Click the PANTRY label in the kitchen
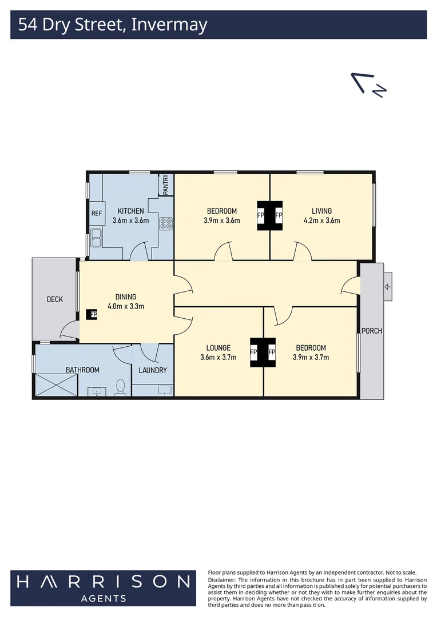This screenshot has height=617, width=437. point(166,185)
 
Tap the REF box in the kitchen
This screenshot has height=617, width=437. point(96,213)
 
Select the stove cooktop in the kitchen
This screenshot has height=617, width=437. point(166,223)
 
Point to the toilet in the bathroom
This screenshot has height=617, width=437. point(120,388)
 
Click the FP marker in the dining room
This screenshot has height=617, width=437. point(92,314)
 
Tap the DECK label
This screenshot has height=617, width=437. point(55,299)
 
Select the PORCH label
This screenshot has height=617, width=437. point(371,331)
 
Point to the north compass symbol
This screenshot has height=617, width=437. point(370,85)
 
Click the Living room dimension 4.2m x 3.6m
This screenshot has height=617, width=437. point(321,221)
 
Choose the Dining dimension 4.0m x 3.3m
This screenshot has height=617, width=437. point(126,306)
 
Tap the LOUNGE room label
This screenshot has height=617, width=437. point(218,347)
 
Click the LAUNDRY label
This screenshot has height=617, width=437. point(153,370)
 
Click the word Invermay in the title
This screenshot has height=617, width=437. point(169,25)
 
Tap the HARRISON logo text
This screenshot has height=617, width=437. point(103,582)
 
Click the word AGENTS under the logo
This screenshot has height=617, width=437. point(103,598)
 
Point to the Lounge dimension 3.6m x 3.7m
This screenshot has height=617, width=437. point(218,358)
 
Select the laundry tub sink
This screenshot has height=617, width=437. point(164,390)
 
